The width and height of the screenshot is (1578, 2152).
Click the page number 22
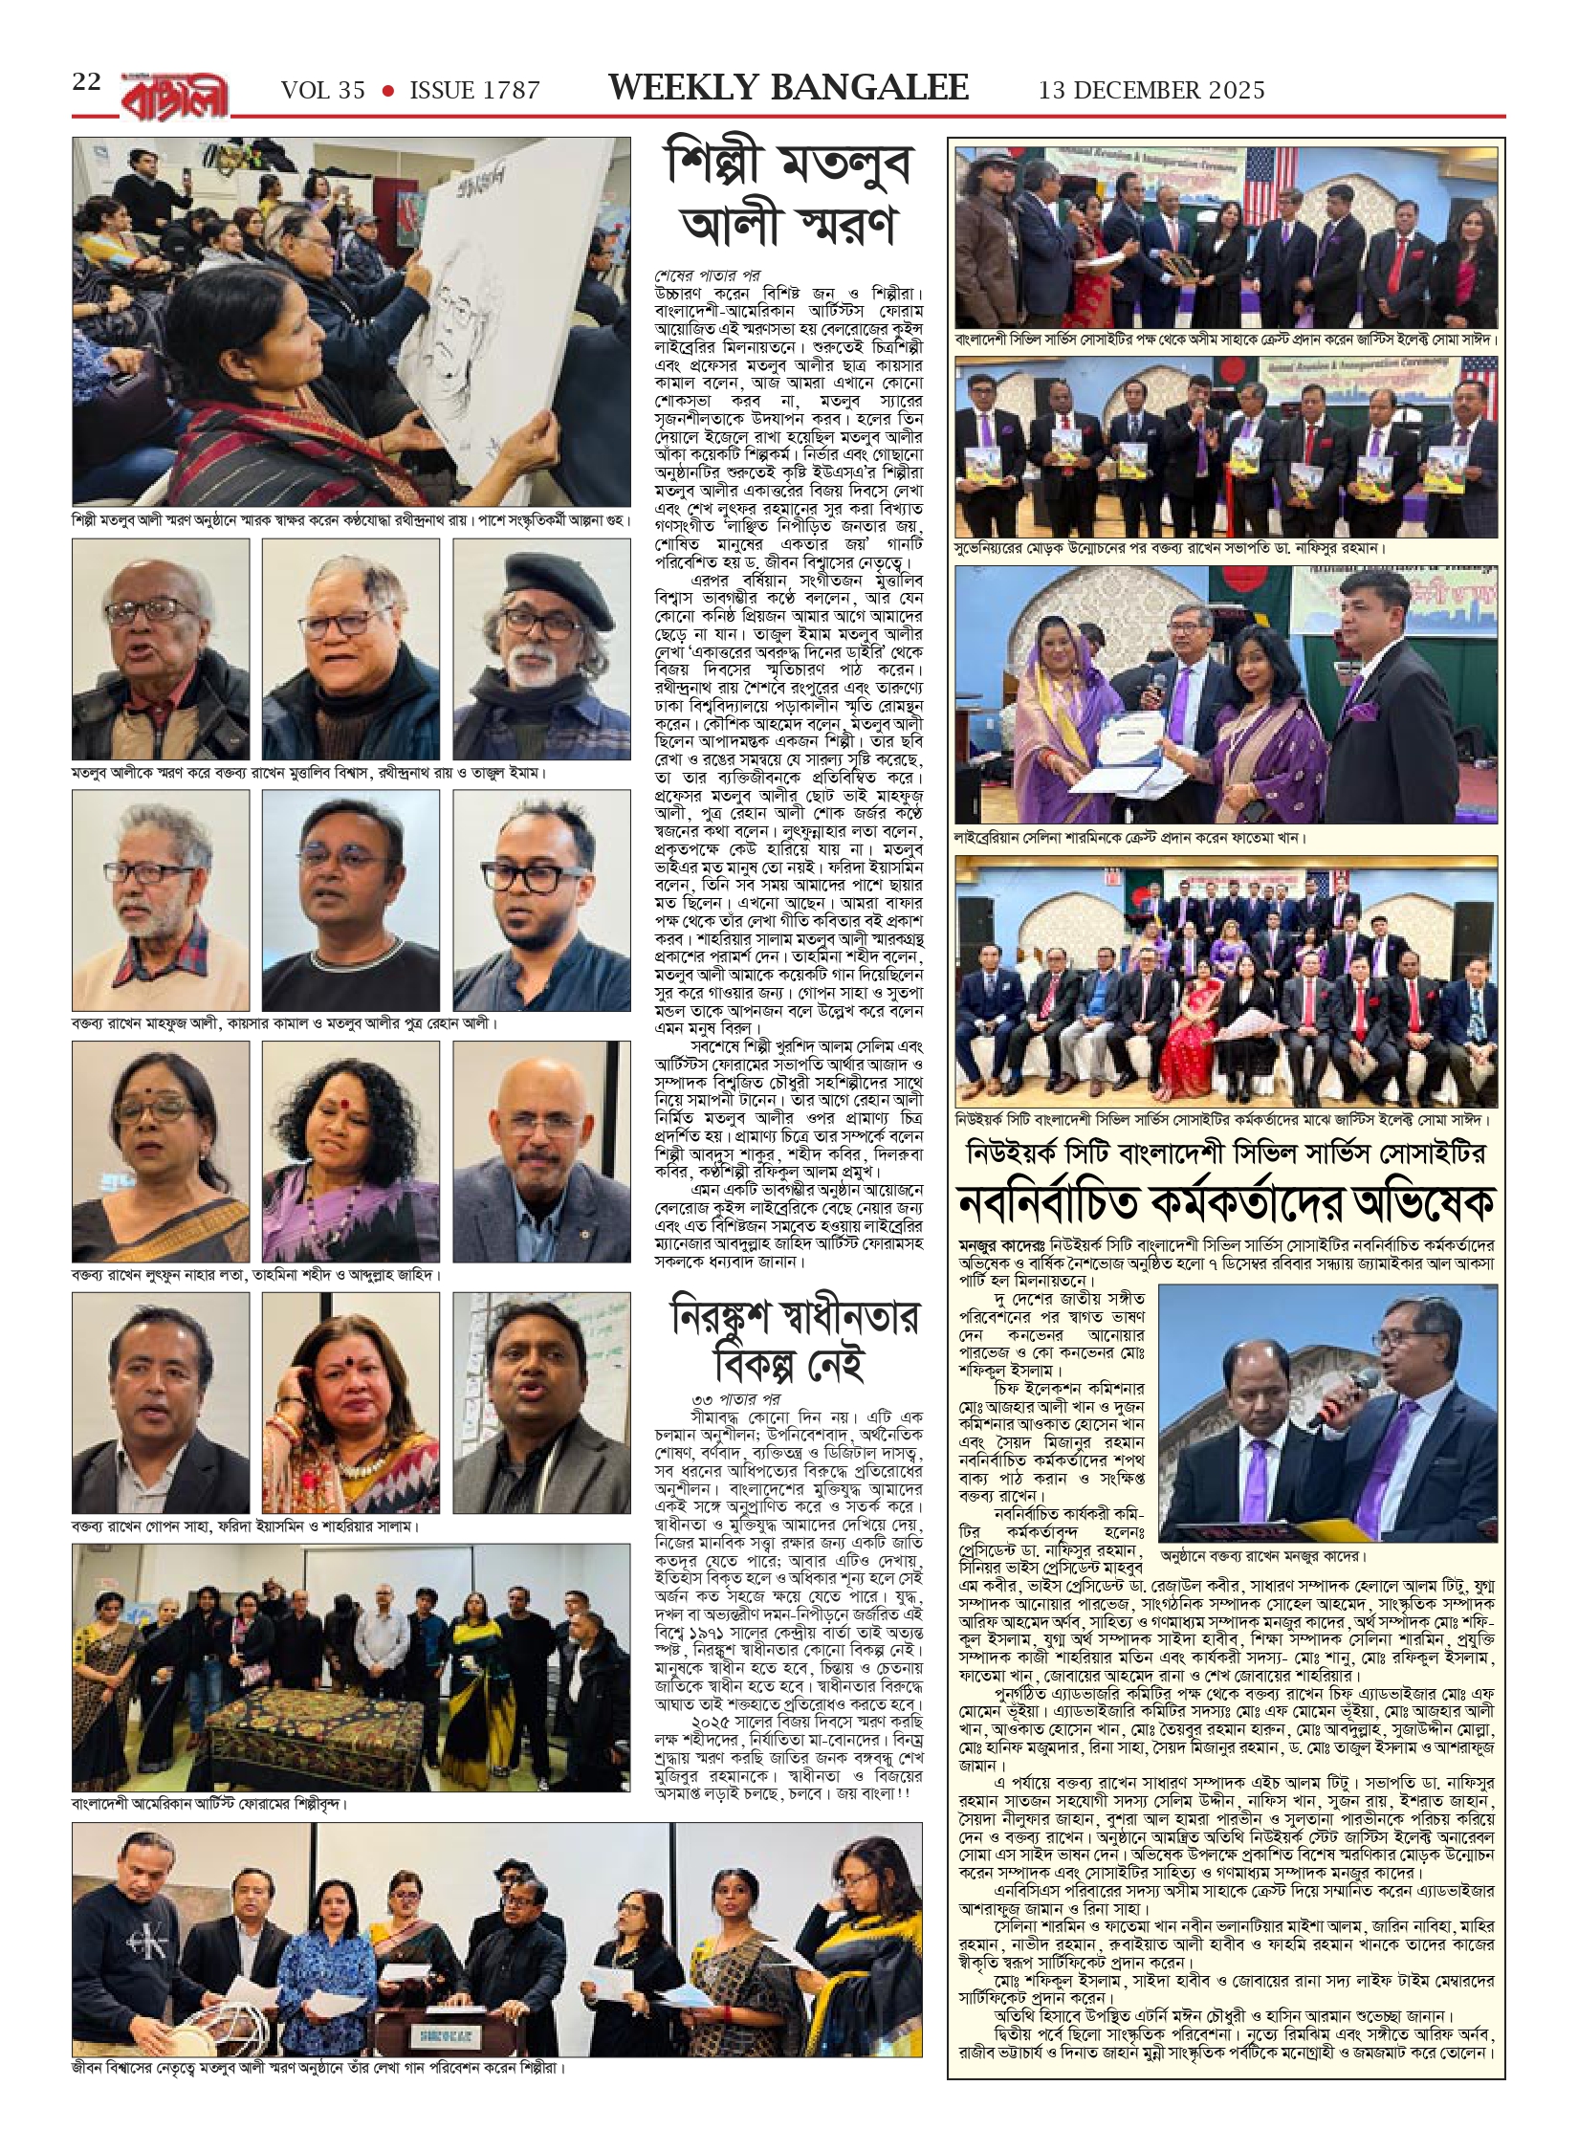click(x=86, y=82)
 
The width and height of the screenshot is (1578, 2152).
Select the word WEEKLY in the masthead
click(x=681, y=88)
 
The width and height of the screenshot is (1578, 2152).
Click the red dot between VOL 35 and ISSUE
click(x=387, y=90)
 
